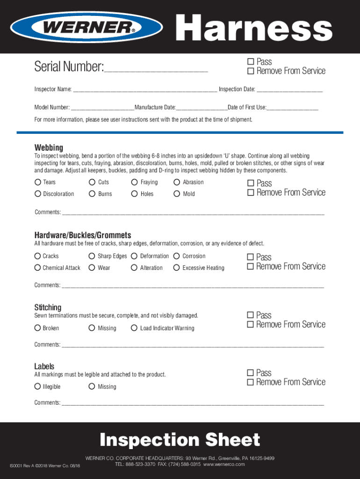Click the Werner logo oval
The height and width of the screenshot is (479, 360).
(x=87, y=27)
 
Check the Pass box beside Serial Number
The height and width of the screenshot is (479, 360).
(x=250, y=62)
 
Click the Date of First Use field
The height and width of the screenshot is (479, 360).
(x=292, y=108)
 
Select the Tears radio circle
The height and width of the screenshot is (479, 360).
(x=37, y=182)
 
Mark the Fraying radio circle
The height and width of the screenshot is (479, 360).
(x=135, y=182)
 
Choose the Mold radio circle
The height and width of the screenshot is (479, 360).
(x=177, y=194)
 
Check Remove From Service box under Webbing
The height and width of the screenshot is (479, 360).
(x=250, y=193)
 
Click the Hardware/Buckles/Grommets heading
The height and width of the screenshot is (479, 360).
(x=82, y=235)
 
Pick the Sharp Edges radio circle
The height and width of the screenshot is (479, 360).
(x=92, y=256)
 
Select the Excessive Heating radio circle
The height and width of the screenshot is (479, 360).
(x=176, y=268)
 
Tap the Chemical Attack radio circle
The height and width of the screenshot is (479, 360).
(x=37, y=268)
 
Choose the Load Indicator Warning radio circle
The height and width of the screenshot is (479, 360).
(x=134, y=328)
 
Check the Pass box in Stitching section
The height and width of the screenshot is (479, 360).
(x=250, y=315)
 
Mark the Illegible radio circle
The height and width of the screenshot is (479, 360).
(x=37, y=386)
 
